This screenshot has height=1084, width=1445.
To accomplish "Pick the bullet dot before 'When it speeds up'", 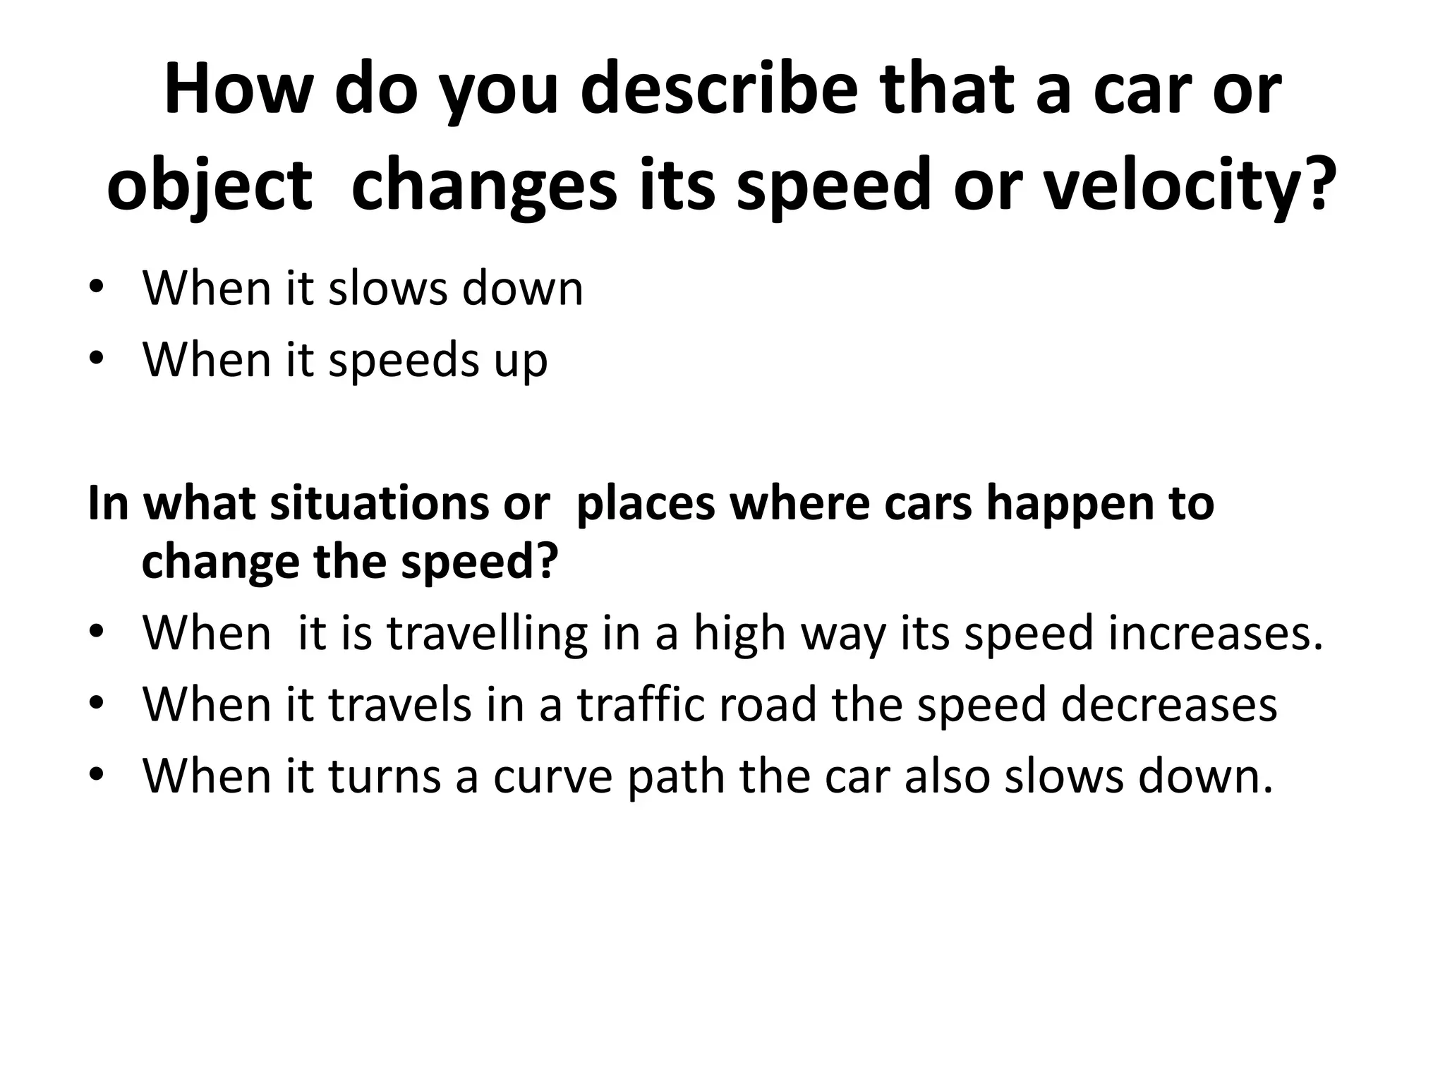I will point(97,359).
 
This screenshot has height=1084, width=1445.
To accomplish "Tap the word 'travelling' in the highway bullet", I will point(487,632).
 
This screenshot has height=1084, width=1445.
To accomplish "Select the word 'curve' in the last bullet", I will point(552,776).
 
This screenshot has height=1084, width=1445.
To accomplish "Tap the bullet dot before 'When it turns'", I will point(97,776).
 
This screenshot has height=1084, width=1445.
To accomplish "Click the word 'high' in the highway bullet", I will point(739,632).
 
